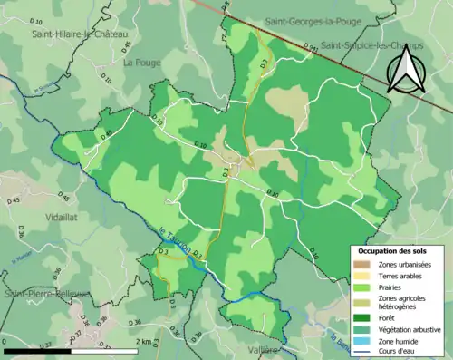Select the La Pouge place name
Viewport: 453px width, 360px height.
(140, 62)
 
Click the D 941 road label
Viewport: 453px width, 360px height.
(313, 46)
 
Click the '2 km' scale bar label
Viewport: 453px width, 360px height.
(145, 342)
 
